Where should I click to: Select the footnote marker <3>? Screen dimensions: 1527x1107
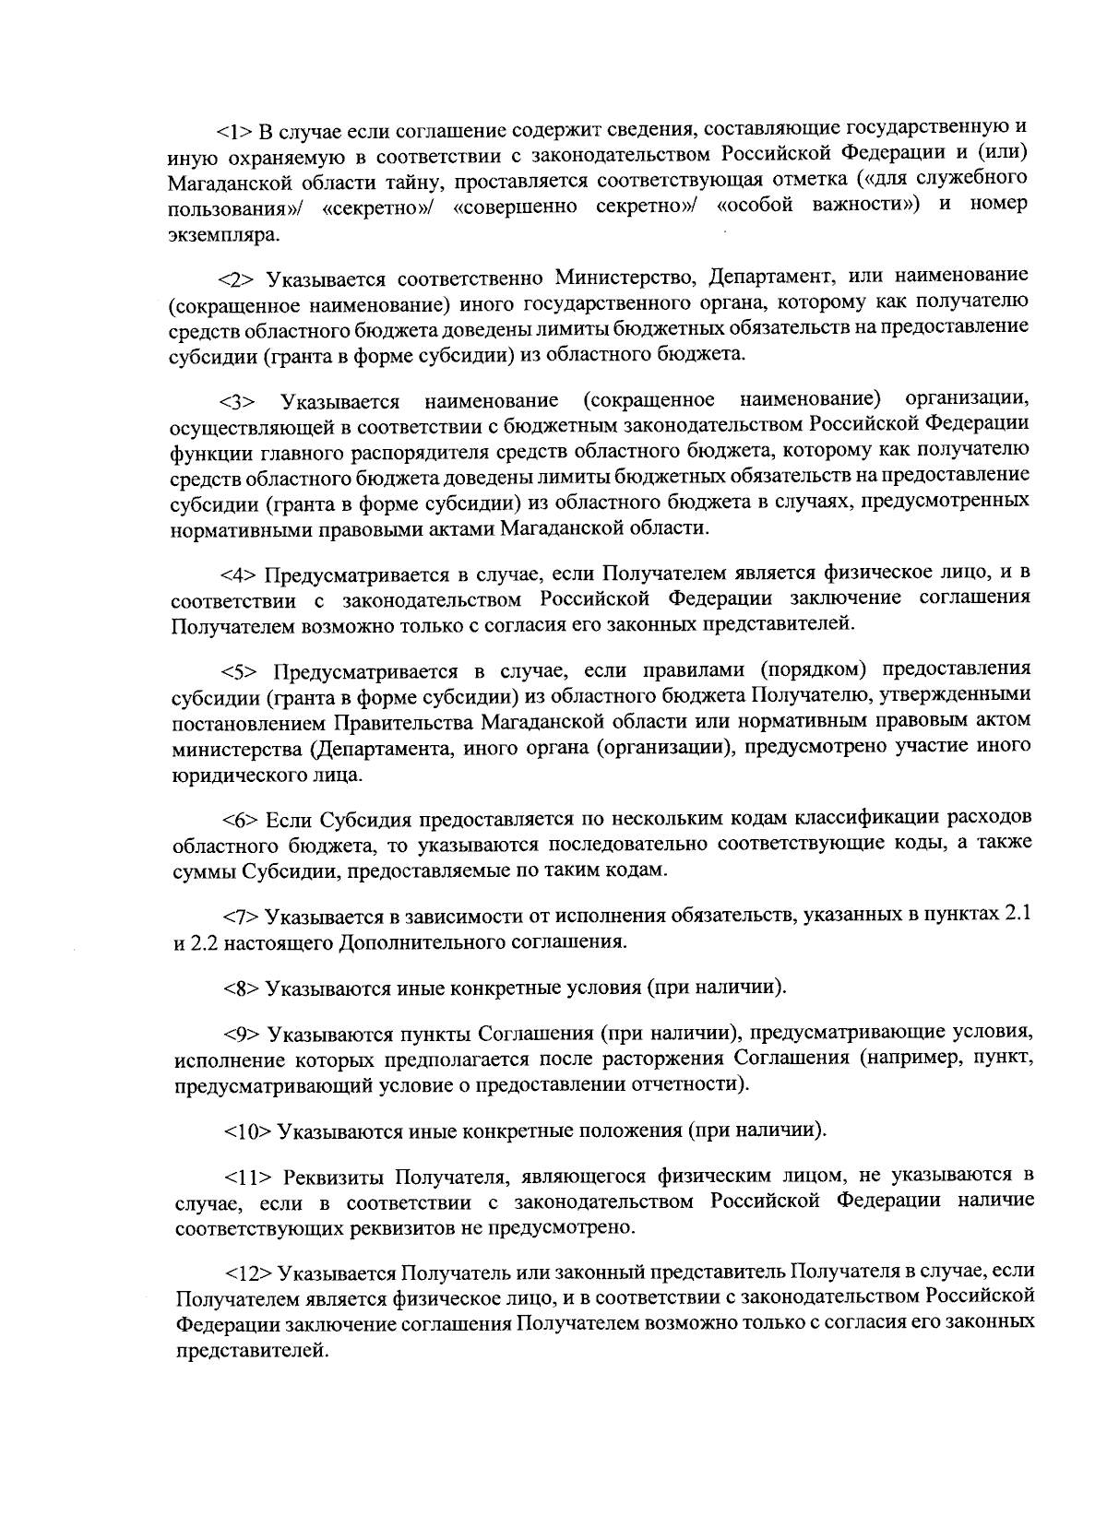[x=237, y=402]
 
